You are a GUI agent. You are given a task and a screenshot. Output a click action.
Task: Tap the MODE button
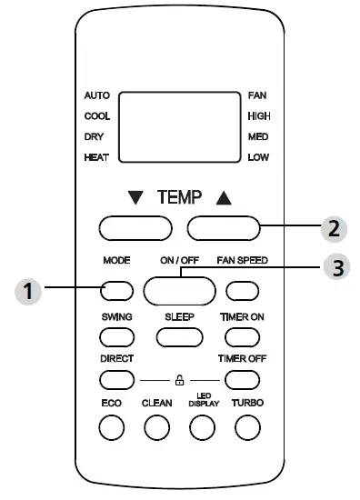[x=118, y=290]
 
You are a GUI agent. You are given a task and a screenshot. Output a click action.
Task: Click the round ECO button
[x=111, y=426]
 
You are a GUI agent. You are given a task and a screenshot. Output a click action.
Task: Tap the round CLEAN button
[x=157, y=426]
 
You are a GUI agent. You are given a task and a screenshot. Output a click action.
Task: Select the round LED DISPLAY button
[x=202, y=426]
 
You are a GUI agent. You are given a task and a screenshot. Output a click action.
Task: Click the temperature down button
[x=135, y=227]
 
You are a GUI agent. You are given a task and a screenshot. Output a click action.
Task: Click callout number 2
[x=334, y=227]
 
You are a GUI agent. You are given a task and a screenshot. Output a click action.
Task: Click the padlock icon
[x=179, y=377]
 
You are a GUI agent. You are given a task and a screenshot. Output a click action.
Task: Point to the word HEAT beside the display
[x=96, y=157]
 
